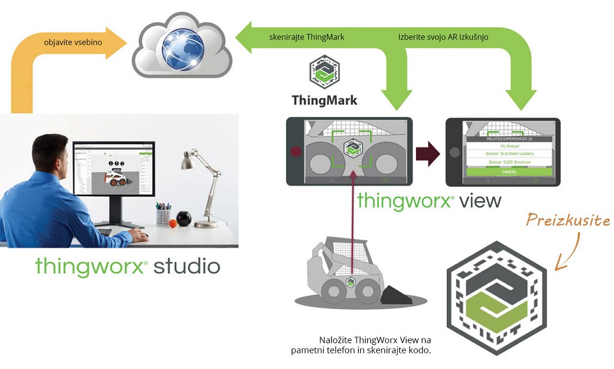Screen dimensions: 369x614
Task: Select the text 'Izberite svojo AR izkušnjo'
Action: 443,37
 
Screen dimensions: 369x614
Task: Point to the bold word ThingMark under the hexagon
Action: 324,100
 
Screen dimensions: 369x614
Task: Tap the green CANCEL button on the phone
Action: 508,172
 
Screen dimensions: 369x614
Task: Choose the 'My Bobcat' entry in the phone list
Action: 508,146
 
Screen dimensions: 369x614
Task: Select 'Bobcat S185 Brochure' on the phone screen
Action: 508,162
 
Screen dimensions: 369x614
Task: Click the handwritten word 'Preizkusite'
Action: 568,220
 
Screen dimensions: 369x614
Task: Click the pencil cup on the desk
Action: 163,216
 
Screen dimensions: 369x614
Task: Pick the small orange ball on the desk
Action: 173,223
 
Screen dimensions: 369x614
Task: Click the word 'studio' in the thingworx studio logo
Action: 186,266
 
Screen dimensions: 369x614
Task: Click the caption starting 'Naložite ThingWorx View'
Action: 375,344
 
